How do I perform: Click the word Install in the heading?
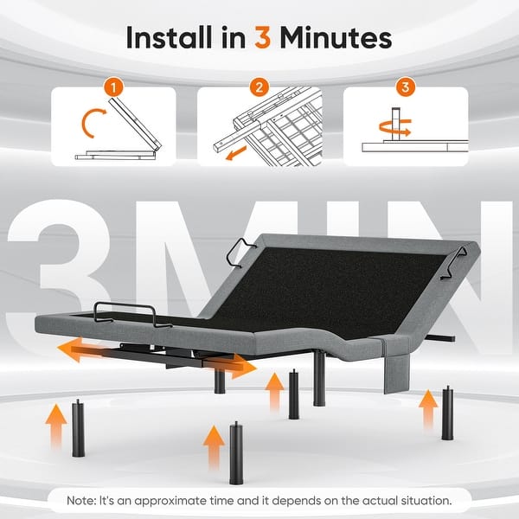(x=169, y=37)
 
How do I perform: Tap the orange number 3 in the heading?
(x=263, y=38)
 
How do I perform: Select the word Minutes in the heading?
(x=336, y=38)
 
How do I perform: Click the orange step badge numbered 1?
(x=113, y=87)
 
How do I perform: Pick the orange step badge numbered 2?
(x=259, y=87)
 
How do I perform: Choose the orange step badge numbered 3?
(x=405, y=87)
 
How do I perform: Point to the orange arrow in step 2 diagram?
(x=236, y=153)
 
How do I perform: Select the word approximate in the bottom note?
(x=170, y=501)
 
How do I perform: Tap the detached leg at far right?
(x=447, y=413)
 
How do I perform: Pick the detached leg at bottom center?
(x=236, y=452)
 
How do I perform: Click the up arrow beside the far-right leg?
(x=428, y=410)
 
